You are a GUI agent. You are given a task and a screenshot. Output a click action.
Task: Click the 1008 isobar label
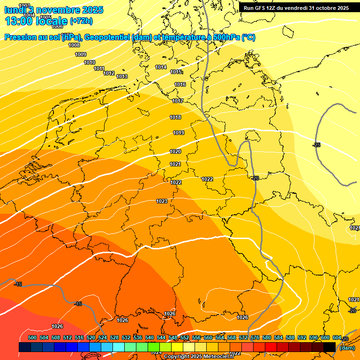point(74,45)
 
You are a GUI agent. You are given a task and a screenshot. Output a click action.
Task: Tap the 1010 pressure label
point(90,62)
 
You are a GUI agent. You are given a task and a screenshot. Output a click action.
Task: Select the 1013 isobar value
point(122,76)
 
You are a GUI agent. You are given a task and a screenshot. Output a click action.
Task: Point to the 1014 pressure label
point(161,67)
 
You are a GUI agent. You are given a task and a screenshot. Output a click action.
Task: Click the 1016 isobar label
point(180,84)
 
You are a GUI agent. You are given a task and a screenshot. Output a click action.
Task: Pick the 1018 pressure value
point(175,117)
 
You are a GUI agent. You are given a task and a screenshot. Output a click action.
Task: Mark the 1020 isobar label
point(175,151)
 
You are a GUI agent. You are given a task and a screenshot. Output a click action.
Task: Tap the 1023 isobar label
point(162,201)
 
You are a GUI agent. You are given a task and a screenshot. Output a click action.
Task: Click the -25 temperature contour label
point(316,145)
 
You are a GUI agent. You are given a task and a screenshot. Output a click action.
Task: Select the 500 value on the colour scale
point(32,337)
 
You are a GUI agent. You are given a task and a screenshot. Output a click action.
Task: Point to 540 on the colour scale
point(150,337)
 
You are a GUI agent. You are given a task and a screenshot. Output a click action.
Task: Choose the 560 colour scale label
point(208,337)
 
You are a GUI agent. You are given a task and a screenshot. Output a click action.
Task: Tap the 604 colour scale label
point(337,337)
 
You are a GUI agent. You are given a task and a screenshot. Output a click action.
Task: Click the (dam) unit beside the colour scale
point(347,347)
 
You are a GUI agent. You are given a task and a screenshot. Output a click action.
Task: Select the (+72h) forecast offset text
point(81,21)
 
